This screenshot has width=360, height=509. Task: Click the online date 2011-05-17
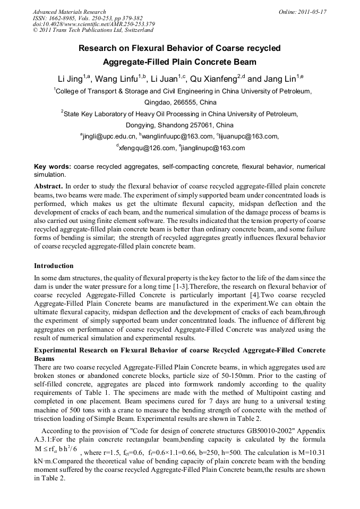(312, 12)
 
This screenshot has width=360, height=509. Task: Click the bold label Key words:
(52, 167)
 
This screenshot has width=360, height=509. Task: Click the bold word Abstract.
(48, 186)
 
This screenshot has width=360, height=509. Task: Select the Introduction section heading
(54, 265)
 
